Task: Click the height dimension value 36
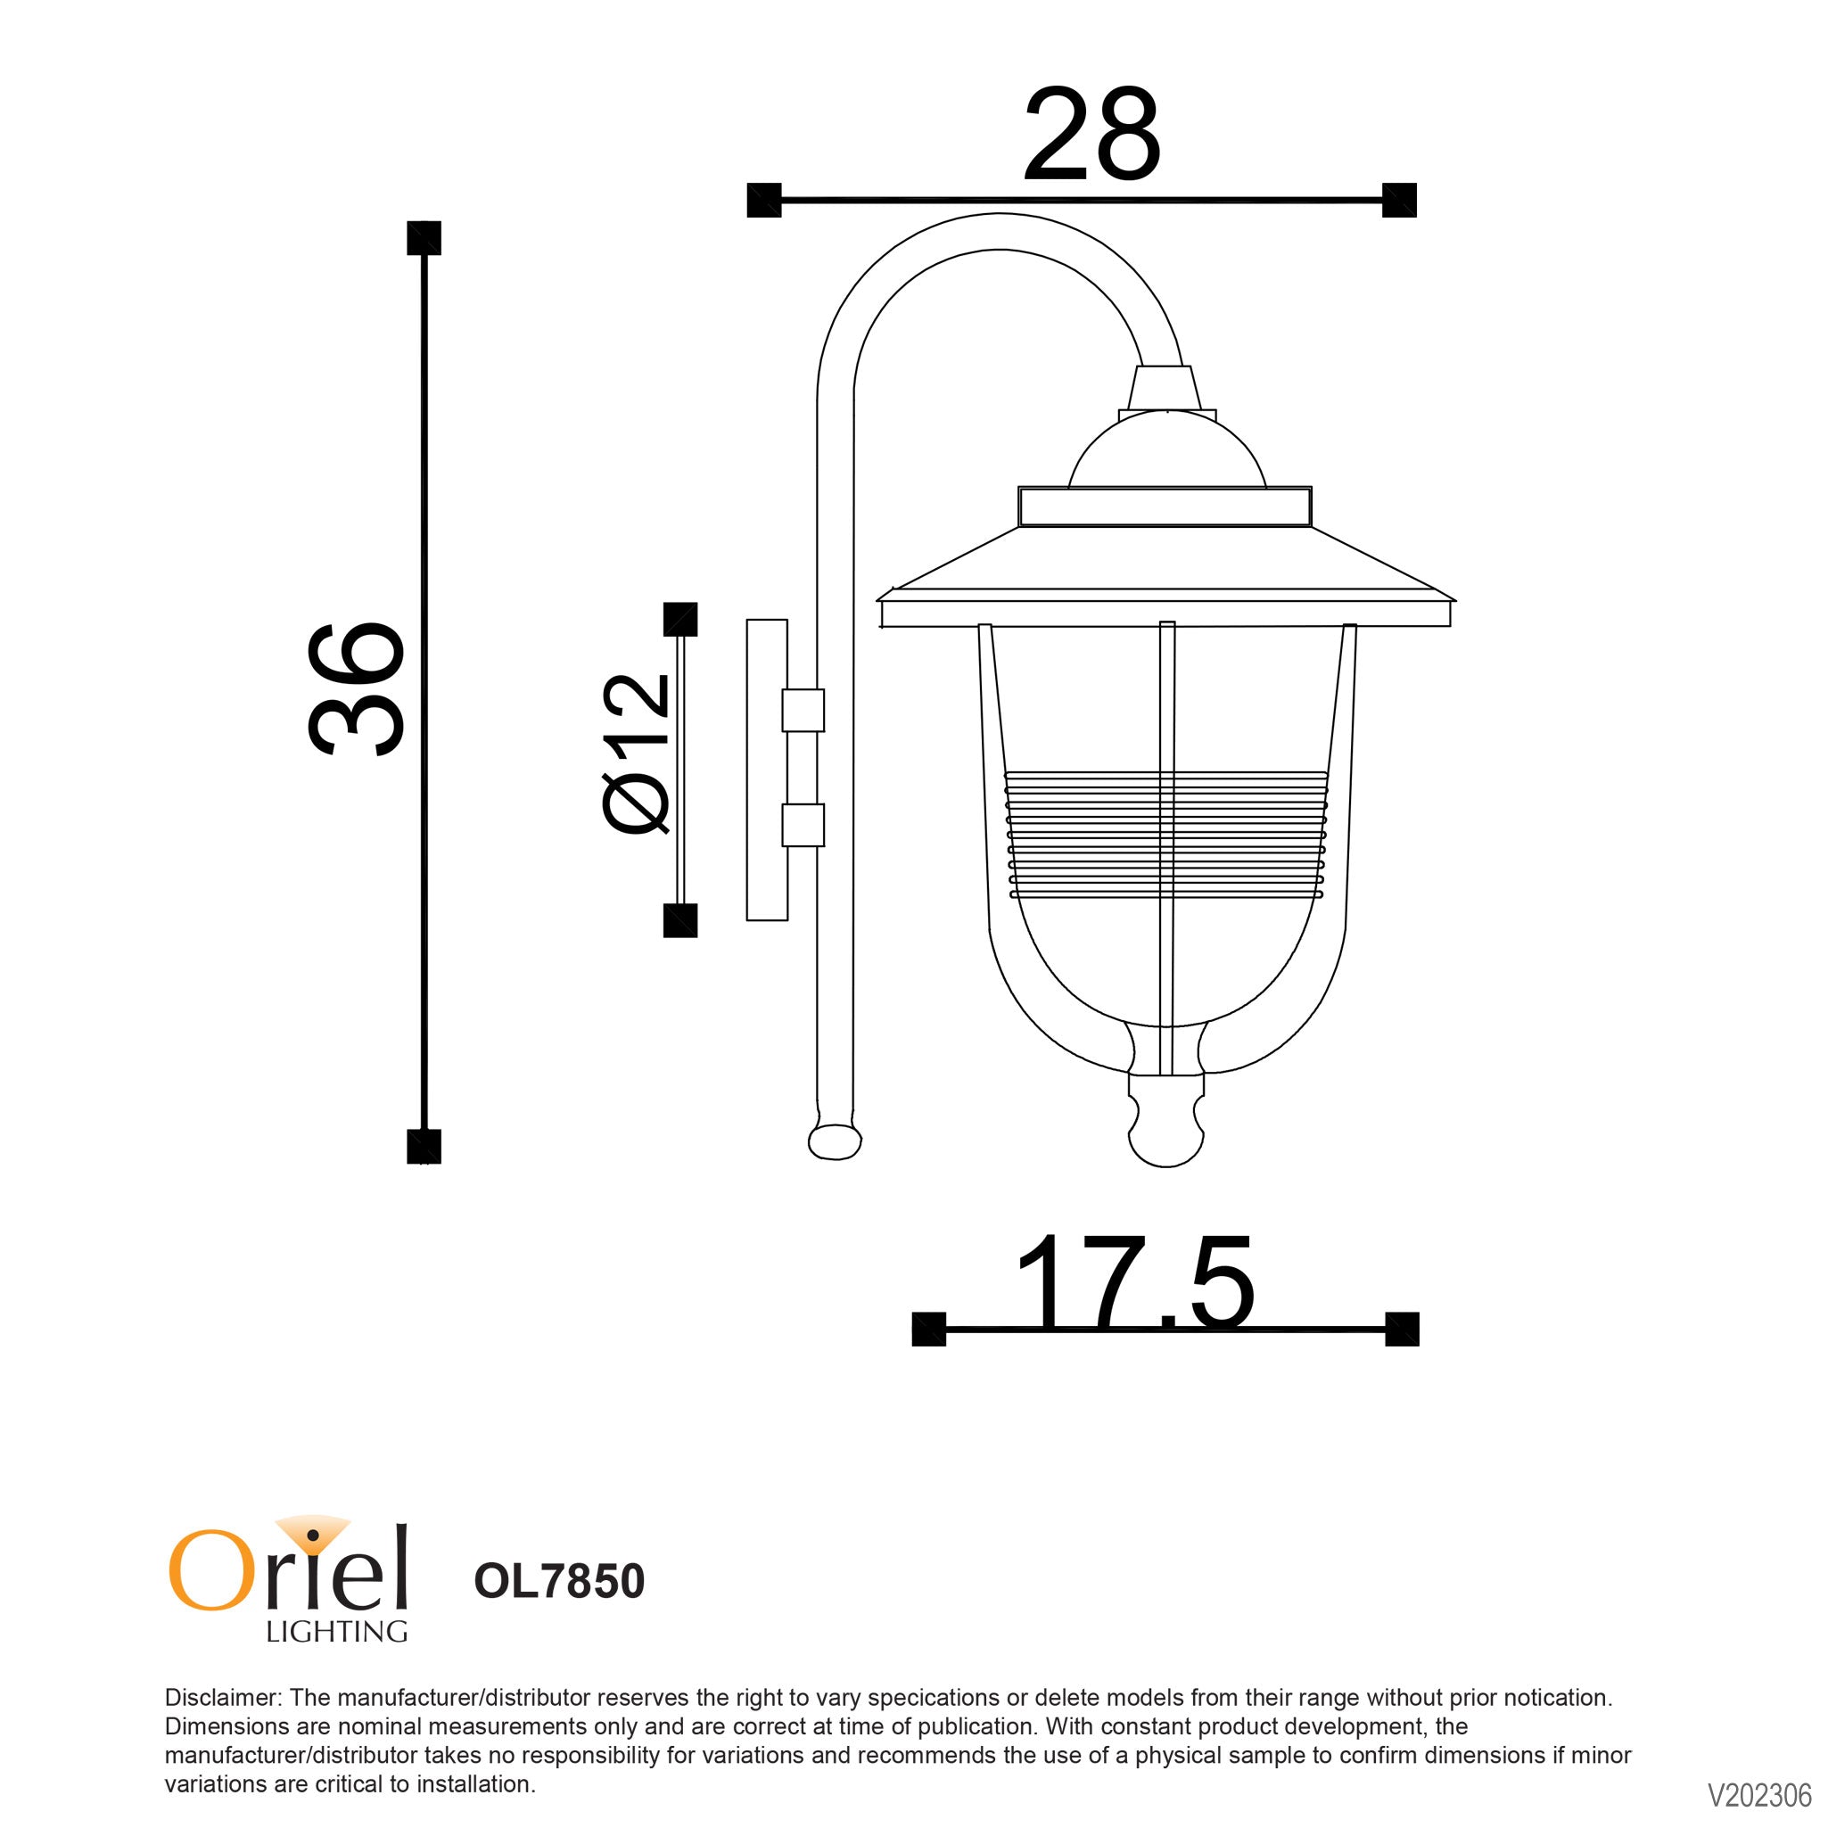click(x=357, y=688)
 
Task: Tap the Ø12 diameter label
click(x=636, y=754)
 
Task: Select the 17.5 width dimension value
click(x=1133, y=1284)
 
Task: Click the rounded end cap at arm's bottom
click(x=835, y=1141)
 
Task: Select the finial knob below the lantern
click(x=1165, y=1134)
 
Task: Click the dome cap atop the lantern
click(x=1166, y=452)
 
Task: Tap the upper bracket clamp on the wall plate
click(x=803, y=711)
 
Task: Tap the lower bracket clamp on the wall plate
click(x=803, y=824)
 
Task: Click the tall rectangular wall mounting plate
click(x=766, y=770)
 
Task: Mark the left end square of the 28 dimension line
click(x=763, y=200)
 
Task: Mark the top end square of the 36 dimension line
click(x=424, y=237)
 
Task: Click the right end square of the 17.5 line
click(x=1401, y=1329)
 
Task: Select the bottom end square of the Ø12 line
click(x=679, y=919)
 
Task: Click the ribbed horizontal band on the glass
click(x=1165, y=834)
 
